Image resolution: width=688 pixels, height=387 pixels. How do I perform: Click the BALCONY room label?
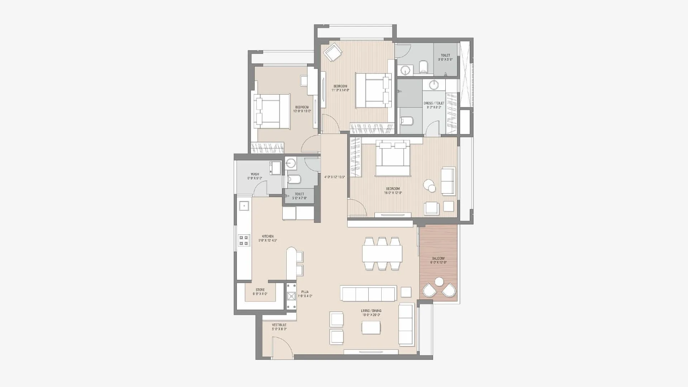pyautogui.click(x=438, y=258)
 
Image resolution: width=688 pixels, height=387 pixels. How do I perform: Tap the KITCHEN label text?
pyautogui.click(x=268, y=236)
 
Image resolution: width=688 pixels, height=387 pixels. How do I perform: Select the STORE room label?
pyautogui.click(x=260, y=290)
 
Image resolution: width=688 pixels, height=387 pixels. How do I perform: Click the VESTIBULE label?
pyautogui.click(x=279, y=325)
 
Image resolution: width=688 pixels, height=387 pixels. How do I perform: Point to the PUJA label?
pyautogui.click(x=305, y=292)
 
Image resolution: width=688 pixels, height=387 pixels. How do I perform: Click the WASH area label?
pyautogui.click(x=255, y=175)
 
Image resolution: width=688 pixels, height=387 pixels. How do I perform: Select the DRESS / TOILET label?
pyautogui.click(x=434, y=103)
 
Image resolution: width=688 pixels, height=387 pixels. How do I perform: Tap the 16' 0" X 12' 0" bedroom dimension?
pyautogui.click(x=393, y=193)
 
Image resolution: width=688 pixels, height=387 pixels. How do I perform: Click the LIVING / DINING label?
pyautogui.click(x=371, y=311)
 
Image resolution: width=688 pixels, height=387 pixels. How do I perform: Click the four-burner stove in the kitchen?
pyautogui.click(x=244, y=240)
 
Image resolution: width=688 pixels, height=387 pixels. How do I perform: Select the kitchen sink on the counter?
pyautogui.click(x=244, y=206)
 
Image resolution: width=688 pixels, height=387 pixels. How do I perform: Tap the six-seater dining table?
pyautogui.click(x=382, y=254)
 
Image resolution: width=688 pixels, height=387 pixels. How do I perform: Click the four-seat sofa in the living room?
pyautogui.click(x=369, y=294)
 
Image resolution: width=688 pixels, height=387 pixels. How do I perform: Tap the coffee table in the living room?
pyautogui.click(x=371, y=327)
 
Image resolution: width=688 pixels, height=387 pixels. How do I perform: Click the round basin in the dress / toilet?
pyautogui.click(x=434, y=85)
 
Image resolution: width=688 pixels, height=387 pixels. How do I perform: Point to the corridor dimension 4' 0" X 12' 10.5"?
pyautogui.click(x=334, y=177)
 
